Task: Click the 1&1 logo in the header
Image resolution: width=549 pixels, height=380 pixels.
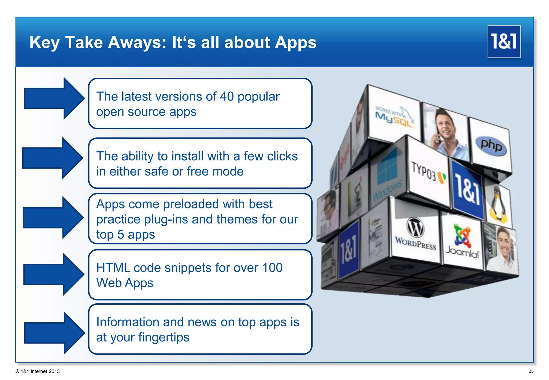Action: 504,42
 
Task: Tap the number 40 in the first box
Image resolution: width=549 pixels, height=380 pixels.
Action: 227,96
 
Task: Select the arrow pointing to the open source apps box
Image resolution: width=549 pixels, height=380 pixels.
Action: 54,98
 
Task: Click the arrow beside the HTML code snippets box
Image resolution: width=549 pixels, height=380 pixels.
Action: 54,274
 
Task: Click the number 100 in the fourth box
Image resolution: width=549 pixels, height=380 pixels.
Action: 272,267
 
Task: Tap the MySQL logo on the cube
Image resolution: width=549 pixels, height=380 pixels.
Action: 394,117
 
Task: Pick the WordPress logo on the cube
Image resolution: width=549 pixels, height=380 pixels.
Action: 415,234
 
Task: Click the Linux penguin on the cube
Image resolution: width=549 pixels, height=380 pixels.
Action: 498,205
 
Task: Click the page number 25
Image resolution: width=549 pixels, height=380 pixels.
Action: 531,371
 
